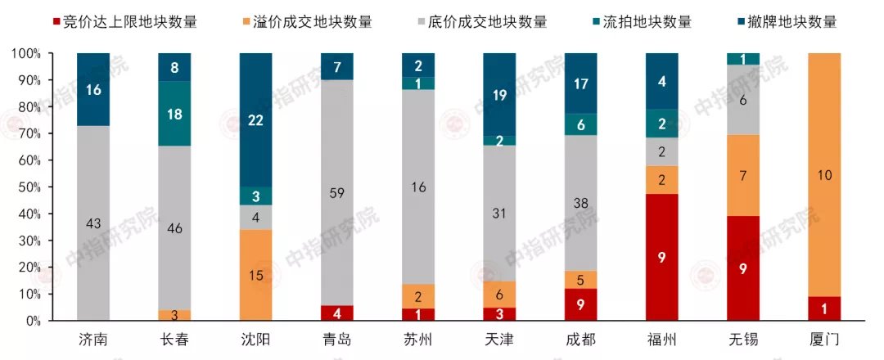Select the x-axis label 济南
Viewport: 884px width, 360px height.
click(92, 339)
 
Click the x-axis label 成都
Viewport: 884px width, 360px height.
click(580, 339)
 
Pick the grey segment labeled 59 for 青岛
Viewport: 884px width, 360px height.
click(336, 193)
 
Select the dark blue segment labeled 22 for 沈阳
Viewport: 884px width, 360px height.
click(255, 119)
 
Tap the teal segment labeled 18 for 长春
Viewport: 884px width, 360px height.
click(174, 115)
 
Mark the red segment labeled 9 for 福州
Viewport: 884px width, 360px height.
click(661, 257)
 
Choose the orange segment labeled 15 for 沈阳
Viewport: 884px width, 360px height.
click(255, 275)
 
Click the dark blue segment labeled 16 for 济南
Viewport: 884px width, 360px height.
click(92, 89)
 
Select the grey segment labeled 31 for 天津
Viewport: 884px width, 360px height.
click(498, 214)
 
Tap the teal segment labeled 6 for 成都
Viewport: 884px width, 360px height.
click(580, 124)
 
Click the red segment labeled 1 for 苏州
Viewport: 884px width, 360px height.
click(417, 314)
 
